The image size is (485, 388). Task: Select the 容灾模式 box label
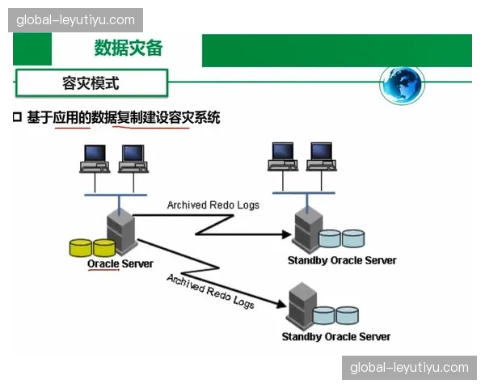(x=91, y=82)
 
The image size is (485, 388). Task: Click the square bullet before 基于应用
(x=17, y=117)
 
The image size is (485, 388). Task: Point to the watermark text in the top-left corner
(x=76, y=19)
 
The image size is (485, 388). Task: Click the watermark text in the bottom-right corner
(x=409, y=368)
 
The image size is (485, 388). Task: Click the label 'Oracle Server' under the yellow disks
(x=120, y=264)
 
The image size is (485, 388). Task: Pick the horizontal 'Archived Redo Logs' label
(x=213, y=205)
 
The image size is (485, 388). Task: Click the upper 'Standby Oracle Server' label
(x=342, y=260)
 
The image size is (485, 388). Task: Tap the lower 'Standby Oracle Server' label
(x=335, y=336)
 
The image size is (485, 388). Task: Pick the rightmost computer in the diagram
(x=322, y=157)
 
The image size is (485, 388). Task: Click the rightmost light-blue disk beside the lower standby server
(x=348, y=314)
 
